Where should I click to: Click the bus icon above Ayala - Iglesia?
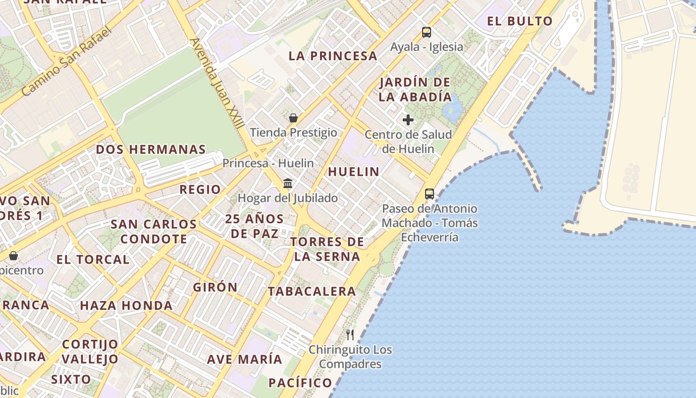427,32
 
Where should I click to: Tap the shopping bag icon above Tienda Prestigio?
293,118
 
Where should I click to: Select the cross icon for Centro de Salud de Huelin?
408,120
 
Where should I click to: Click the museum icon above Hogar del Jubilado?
288,184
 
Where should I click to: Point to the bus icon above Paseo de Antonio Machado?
430,194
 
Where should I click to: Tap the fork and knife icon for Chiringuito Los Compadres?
350,334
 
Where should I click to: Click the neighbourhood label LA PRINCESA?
333,56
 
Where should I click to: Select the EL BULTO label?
520,21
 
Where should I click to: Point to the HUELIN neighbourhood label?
353,172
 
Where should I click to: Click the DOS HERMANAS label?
151,149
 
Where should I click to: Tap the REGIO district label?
200,189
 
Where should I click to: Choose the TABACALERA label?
312,292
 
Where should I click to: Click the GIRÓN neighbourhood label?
215,287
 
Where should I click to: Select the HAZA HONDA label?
126,305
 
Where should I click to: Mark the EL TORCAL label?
92,259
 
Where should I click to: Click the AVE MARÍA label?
245,359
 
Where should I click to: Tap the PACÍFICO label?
300,383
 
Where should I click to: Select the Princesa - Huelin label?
268,163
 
